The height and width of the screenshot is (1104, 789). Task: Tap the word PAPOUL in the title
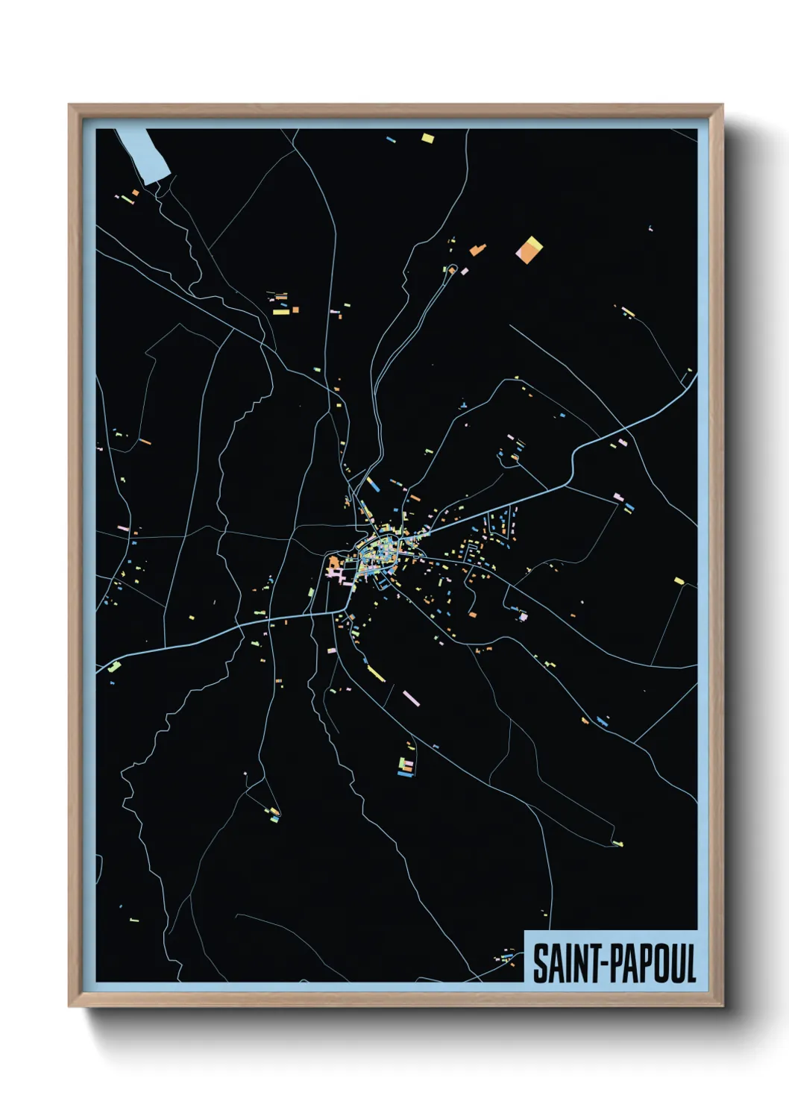654,963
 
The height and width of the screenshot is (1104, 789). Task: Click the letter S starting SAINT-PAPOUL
539,963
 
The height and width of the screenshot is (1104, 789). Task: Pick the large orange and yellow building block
529,250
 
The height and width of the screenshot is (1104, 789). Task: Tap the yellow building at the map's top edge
427,137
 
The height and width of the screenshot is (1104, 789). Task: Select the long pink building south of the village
411,698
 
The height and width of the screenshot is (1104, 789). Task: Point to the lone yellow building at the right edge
679,580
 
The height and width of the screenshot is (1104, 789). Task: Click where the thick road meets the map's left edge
98,670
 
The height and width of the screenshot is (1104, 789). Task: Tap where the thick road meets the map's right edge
696,377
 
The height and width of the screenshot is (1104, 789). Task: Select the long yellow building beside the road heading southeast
375,674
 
